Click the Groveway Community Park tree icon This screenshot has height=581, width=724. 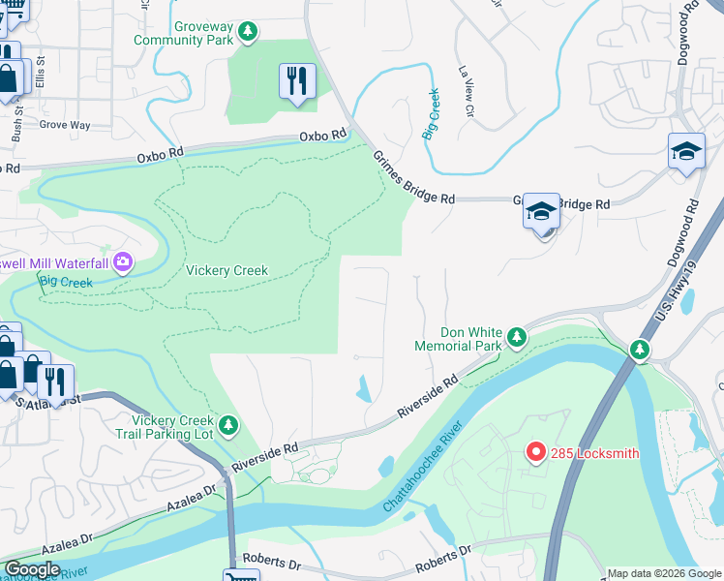click(249, 33)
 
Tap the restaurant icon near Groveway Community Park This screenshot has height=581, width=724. click(297, 81)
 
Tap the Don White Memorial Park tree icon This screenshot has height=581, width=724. click(517, 337)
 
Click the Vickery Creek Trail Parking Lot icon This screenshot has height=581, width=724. click(228, 424)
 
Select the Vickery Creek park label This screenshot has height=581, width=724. click(226, 270)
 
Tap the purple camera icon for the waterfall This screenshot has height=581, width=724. click(123, 261)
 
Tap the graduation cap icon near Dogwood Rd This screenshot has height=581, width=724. click(686, 152)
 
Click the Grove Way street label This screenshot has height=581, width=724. click(66, 125)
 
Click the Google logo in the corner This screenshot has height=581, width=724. click(31, 569)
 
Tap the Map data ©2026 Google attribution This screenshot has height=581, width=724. click(663, 573)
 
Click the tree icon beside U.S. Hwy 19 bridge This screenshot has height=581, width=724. click(639, 349)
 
